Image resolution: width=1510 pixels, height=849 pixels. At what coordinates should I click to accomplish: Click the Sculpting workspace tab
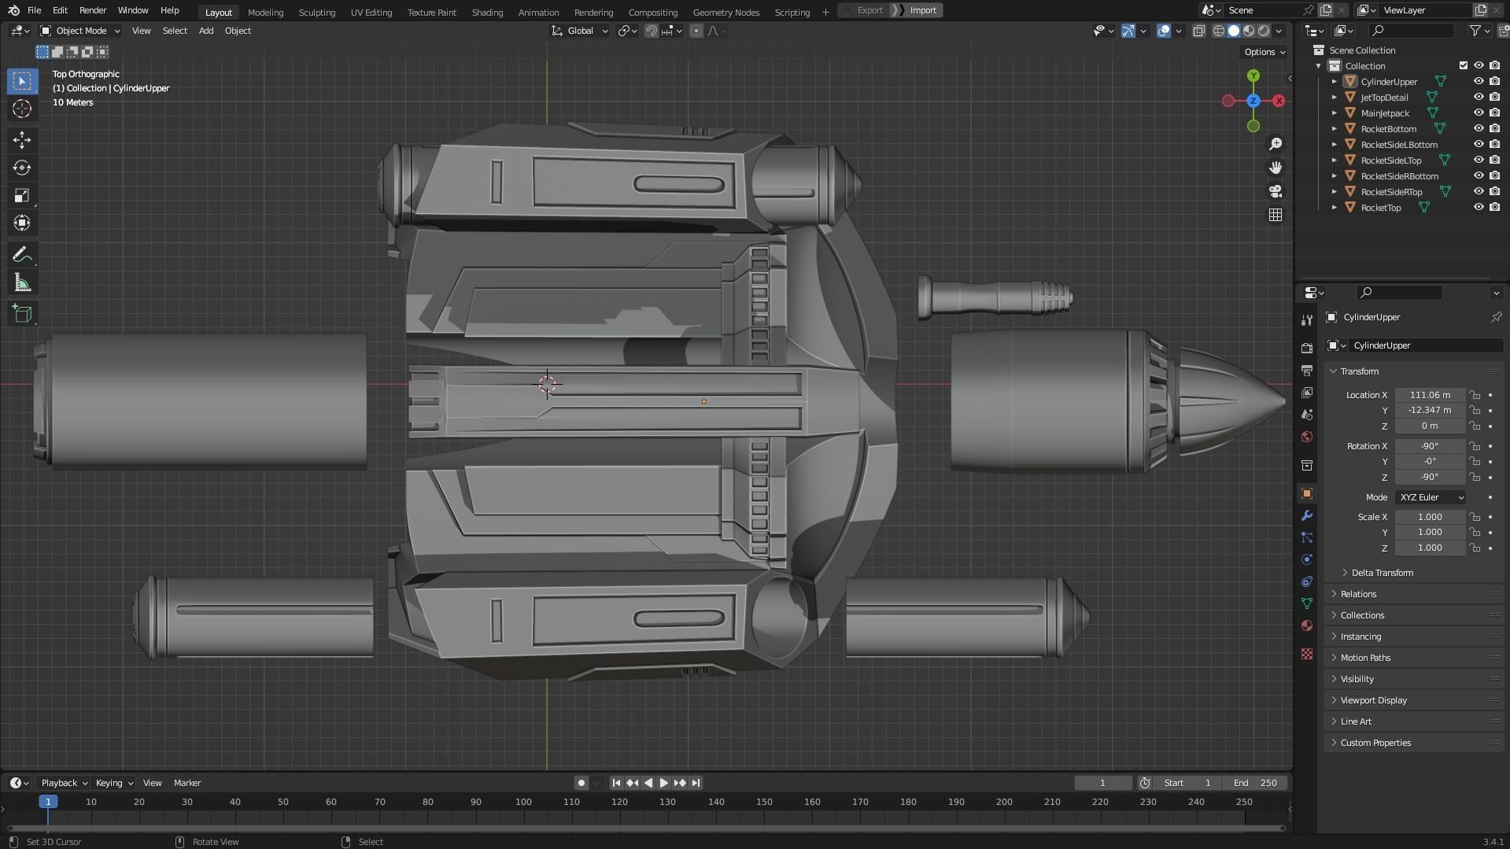click(x=316, y=12)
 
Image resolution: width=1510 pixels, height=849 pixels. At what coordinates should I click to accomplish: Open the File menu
click(x=34, y=10)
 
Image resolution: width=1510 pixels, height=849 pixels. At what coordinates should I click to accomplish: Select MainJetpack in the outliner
click(x=1385, y=113)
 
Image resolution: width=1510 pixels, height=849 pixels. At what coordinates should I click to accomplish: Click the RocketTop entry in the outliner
click(x=1381, y=208)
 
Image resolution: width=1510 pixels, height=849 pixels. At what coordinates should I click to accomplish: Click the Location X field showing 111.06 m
click(x=1430, y=395)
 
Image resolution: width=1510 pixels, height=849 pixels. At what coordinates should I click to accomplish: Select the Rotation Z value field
click(x=1430, y=478)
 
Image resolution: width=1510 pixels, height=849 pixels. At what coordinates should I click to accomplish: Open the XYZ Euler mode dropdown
click(x=1431, y=497)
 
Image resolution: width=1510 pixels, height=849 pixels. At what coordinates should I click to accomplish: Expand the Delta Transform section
click(x=1382, y=573)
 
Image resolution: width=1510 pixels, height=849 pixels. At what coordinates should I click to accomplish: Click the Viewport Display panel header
click(x=1373, y=700)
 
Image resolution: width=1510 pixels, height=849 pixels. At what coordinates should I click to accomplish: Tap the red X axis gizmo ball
click(x=1279, y=101)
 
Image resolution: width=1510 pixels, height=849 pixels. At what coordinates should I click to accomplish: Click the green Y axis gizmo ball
click(x=1253, y=76)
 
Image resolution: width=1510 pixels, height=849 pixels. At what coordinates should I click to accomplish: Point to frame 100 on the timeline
click(x=523, y=802)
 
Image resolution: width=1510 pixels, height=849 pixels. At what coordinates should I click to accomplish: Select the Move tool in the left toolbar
click(x=22, y=140)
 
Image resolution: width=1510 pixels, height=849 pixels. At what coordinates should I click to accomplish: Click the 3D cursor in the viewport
click(x=547, y=384)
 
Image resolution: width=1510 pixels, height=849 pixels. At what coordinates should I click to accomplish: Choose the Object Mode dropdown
click(x=81, y=31)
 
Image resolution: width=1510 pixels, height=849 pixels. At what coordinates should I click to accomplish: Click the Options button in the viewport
click(x=1264, y=52)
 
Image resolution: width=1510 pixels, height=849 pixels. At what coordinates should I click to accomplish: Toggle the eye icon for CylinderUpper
click(x=1479, y=81)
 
